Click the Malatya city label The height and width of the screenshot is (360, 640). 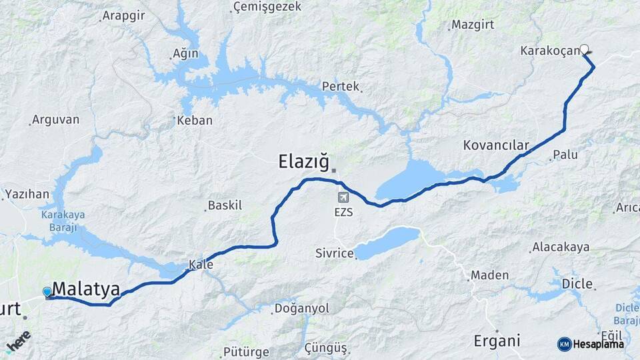coord(86,290)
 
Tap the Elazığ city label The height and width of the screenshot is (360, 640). coord(303,161)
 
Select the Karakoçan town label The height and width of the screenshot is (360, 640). coord(550,51)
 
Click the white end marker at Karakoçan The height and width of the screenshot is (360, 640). coord(585,49)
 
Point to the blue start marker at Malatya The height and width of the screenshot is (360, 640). coord(47,292)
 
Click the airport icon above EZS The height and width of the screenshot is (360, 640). coord(343,197)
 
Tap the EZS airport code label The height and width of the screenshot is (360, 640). coord(344,213)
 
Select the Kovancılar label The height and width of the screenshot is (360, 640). coord(496,145)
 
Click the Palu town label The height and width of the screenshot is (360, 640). coord(565,155)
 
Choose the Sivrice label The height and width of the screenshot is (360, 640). coord(334,253)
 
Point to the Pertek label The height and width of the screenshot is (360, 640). coord(340,86)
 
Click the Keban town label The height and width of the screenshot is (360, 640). coord(196,121)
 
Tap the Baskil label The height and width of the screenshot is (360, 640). coord(225,205)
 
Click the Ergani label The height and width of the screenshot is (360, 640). coord(497,341)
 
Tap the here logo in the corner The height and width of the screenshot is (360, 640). coord(18,340)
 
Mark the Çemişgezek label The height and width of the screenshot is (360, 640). coord(267,7)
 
